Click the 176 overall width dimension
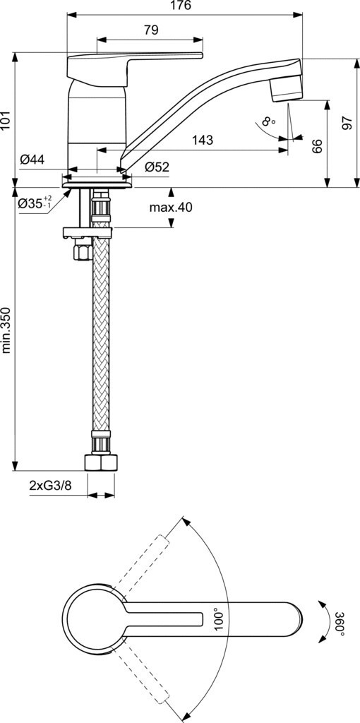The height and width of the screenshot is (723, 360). pos(180,6)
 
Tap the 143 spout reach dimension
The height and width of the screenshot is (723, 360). pos(203,141)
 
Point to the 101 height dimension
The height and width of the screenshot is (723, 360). pos(6,121)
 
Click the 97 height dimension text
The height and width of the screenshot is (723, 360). pos(347,123)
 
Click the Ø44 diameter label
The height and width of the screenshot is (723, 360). pos(32,160)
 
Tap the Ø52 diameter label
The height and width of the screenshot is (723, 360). pos(157,167)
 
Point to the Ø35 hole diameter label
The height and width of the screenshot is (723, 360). pos(35,203)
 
